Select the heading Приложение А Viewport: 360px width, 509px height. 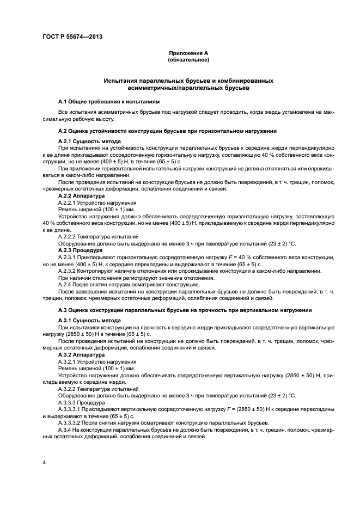pos(188,53)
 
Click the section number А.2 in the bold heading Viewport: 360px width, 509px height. pos(63,131)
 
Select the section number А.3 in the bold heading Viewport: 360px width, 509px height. pos(63,310)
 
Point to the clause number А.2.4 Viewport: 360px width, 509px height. pos(65,285)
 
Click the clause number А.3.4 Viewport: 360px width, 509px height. pos(65,430)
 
